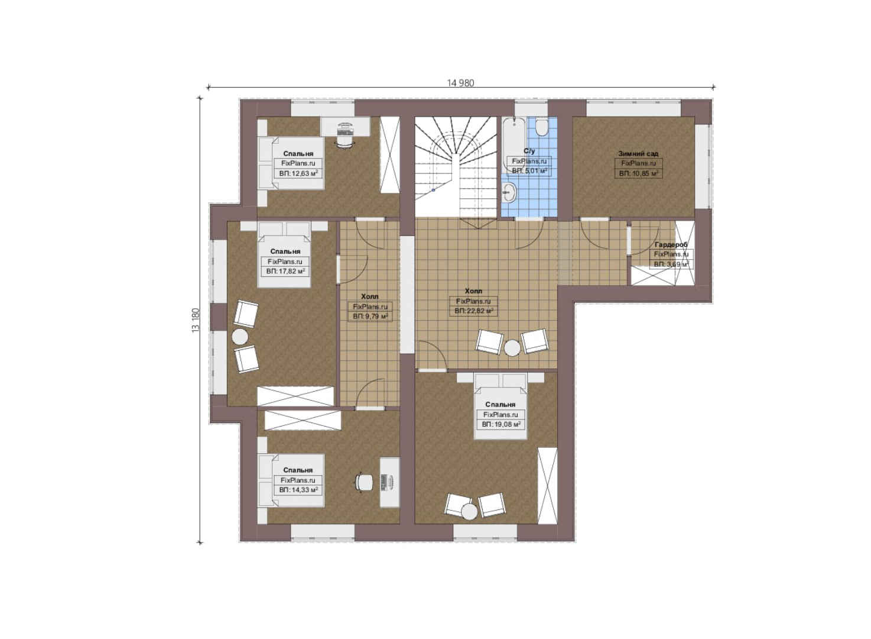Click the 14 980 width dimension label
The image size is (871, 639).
tap(460, 83)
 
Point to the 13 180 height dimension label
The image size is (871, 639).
tap(196, 319)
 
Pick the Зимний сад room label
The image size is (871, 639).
tap(638, 153)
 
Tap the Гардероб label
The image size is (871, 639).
tap(671, 244)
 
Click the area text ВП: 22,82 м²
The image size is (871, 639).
tap(473, 311)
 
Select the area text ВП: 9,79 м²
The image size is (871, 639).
tap(370, 316)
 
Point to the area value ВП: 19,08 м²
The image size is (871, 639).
tap(501, 424)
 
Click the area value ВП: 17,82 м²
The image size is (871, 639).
tap(285, 271)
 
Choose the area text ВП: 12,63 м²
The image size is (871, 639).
tap(298, 173)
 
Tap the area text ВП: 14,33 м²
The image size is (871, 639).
tap(298, 490)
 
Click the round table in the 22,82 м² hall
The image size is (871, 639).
tap(512, 348)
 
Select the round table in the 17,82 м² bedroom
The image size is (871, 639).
tap(240, 337)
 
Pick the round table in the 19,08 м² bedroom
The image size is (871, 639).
tap(469, 512)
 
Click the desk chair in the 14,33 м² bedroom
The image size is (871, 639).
tap(363, 482)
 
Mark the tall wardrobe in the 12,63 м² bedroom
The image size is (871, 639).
tap(389, 154)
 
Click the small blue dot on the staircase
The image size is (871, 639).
tap(433, 191)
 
